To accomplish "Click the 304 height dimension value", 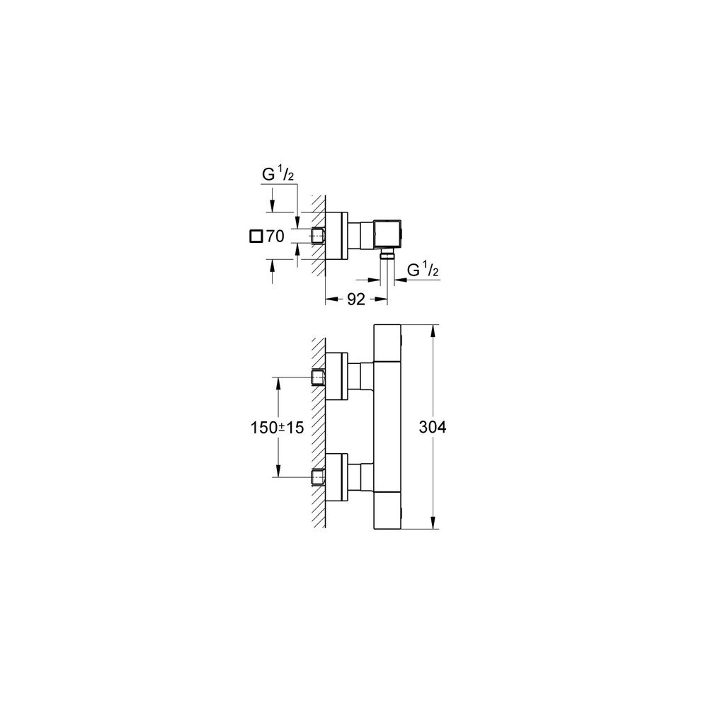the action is (433, 428).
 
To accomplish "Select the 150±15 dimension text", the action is (277, 428).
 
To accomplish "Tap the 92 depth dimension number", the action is (356, 299).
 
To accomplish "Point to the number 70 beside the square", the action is (275, 236).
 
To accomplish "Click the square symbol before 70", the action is (256, 236).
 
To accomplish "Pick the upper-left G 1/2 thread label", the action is (278, 174).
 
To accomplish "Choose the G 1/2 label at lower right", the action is (423, 270).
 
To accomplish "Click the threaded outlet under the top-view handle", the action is (387, 254).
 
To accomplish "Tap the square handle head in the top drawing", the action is (388, 234).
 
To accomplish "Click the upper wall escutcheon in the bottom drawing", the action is (336, 375).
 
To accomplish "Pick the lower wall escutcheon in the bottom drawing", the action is (336, 477).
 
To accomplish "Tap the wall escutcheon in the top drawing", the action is (336, 235).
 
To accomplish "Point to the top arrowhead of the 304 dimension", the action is (433, 331).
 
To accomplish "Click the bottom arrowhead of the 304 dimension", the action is (433, 523).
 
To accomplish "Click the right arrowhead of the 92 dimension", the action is (381, 299).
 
